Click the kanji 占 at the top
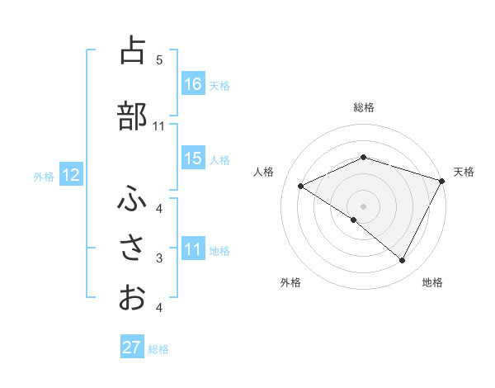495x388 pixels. (x=131, y=50)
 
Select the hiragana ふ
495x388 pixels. (x=131, y=199)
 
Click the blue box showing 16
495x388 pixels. (x=193, y=84)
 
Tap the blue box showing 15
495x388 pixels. (x=193, y=159)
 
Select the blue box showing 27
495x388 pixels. (x=132, y=348)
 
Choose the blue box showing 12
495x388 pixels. (x=70, y=175)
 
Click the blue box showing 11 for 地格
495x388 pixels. (x=193, y=249)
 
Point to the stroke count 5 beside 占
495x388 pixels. (x=159, y=59)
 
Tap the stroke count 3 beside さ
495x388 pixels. (x=159, y=258)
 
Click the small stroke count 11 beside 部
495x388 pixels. (x=159, y=126)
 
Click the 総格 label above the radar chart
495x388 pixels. (x=364, y=107)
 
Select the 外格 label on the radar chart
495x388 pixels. (x=290, y=282)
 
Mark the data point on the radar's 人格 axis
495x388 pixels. (x=301, y=187)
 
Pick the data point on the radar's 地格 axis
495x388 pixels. (x=403, y=261)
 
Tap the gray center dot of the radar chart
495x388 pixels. (x=363, y=206)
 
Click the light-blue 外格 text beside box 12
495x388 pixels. (x=43, y=176)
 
